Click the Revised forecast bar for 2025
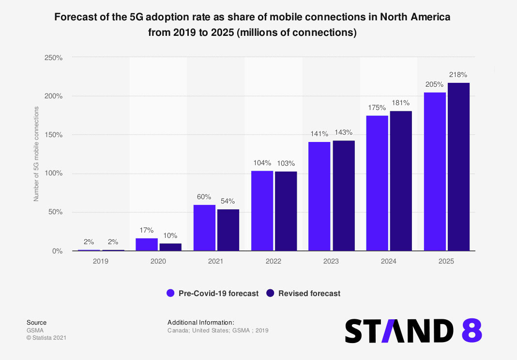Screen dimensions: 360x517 tap(458, 167)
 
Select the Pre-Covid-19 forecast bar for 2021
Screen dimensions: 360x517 tap(204, 228)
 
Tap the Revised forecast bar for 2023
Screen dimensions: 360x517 tap(344, 196)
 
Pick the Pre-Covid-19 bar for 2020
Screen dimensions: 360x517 tap(147, 244)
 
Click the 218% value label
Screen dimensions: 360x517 tap(458, 75)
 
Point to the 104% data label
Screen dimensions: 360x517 tap(262, 163)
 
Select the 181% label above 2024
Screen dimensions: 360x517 tap(401, 103)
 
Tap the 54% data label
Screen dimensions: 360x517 tap(228, 201)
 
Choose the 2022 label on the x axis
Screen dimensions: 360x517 tap(274, 261)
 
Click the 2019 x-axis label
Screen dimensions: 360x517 tap(101, 261)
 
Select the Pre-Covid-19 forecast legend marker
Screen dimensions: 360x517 tap(170, 293)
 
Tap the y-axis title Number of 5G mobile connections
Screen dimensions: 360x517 tap(36, 155)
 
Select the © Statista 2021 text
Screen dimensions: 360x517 tap(46, 338)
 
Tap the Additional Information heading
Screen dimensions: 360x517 tap(201, 322)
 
